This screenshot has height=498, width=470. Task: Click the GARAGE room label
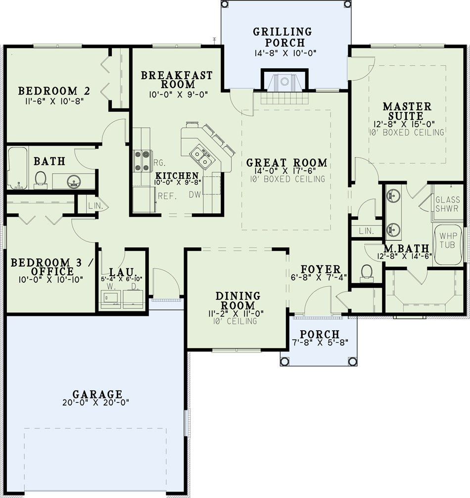coord(97,394)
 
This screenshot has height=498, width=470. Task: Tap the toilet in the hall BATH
coord(40,180)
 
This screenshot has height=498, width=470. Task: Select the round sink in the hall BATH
coord(74,182)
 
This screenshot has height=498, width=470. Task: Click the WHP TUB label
coord(448,241)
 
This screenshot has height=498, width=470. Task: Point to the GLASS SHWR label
coord(447,204)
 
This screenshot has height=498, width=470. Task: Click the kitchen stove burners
coord(142,161)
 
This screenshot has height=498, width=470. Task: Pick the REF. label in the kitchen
coord(167,196)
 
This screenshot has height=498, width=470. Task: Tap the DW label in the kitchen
coord(195,195)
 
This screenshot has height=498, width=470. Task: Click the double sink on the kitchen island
coord(200,156)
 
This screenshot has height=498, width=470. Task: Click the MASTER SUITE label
coord(407,111)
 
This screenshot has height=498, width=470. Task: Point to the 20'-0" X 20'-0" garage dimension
coord(96,402)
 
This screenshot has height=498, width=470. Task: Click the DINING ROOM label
coord(238,300)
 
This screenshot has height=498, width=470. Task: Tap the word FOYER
coord(320,269)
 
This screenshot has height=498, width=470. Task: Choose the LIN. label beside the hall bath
coord(95,206)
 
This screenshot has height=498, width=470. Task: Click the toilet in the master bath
coord(367,273)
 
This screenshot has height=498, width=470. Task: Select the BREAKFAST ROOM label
coord(177,80)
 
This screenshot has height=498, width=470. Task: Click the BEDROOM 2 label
coord(54,91)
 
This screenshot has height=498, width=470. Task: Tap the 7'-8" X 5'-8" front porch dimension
coord(320,343)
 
